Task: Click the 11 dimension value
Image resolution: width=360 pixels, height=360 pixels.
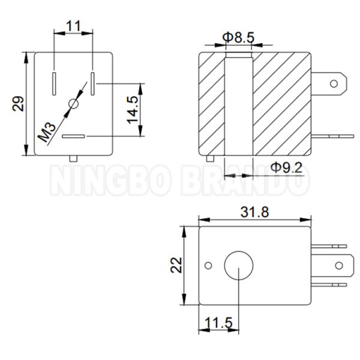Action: pyautogui.click(x=73, y=26)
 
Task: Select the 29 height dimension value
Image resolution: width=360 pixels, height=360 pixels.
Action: pyautogui.click(x=18, y=104)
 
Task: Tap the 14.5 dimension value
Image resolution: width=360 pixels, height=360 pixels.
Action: pyautogui.click(x=133, y=110)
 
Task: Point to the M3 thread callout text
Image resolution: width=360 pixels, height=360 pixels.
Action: pyautogui.click(x=47, y=132)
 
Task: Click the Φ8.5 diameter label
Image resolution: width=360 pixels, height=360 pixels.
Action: pyautogui.click(x=238, y=37)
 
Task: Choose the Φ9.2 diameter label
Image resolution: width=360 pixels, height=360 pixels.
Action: pyautogui.click(x=286, y=167)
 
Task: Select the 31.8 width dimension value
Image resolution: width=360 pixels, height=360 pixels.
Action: pyautogui.click(x=254, y=212)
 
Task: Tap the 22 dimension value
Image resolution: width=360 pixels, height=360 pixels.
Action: pyautogui.click(x=176, y=265)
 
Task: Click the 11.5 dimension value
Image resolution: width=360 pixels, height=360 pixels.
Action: pyautogui.click(x=218, y=323)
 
